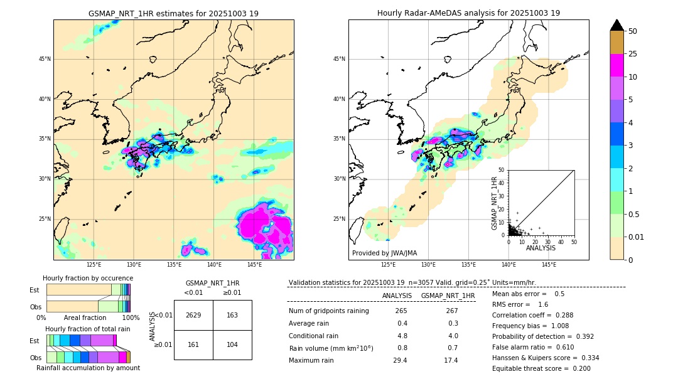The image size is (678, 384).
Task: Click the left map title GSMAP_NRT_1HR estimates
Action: coord(173,13)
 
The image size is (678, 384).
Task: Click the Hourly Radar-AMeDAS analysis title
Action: coord(468,13)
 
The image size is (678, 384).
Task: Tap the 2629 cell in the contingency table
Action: coord(193,315)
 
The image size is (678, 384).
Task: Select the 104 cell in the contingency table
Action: coord(232,344)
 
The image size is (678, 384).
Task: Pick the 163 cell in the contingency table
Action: coord(232,315)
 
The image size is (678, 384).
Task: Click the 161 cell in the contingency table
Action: coord(193,344)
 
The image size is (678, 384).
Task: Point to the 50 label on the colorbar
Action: coord(633,31)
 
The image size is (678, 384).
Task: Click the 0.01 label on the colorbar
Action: coord(637,237)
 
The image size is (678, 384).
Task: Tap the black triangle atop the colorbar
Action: coord(616,25)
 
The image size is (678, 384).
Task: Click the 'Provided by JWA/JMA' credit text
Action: coord(384,253)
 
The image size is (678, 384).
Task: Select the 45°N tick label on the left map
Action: coord(45,59)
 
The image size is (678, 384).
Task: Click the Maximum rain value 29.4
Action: coord(400,360)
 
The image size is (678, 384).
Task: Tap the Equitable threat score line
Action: coord(541,368)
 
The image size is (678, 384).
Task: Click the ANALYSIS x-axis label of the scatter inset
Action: coord(541,248)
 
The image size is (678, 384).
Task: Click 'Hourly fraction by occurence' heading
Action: coord(88,278)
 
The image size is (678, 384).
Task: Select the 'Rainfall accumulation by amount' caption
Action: coord(88,368)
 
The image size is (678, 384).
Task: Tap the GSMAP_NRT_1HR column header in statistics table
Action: coord(448,296)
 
